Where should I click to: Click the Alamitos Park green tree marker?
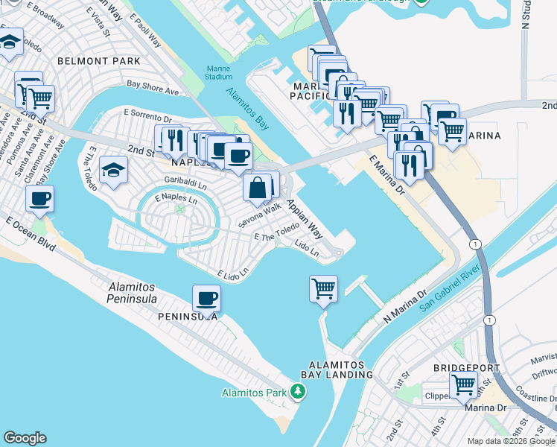coord(298,391)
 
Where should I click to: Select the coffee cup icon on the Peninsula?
coord(206,298)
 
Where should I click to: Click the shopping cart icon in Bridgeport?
coord(463,385)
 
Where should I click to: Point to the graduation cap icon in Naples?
coord(113,171)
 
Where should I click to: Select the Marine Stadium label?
coord(219,72)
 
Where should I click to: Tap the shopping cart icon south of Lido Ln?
coord(323,288)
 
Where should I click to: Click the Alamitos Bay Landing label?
coord(337,369)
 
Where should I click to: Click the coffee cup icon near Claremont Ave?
coord(39,198)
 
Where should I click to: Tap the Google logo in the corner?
coord(25,438)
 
